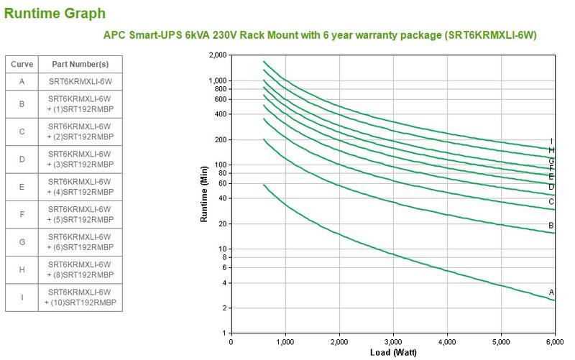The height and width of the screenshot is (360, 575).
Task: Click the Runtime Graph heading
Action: click(55, 13)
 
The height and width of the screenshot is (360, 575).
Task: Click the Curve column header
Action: click(22, 64)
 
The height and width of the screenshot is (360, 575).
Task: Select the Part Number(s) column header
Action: click(79, 64)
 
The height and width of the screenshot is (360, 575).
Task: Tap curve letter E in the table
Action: click(22, 187)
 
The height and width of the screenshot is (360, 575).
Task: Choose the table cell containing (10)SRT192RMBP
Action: click(79, 297)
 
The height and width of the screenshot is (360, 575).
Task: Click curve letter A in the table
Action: click(22, 81)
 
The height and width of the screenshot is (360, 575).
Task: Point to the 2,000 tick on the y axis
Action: click(217, 55)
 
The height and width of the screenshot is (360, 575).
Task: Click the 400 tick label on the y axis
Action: click(221, 114)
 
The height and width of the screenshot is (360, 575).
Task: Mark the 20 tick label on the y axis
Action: click(223, 224)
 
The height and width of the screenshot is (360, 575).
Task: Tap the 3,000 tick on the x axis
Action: click(393, 342)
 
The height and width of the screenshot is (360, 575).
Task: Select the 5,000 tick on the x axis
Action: click(501, 342)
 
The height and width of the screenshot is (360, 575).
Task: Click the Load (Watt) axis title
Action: click(392, 353)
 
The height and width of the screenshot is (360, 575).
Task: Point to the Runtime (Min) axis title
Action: click(204, 193)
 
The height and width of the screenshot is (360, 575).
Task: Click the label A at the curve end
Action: click(551, 292)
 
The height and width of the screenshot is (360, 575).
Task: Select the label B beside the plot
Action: click(551, 226)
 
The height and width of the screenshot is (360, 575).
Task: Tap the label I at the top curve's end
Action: click(551, 142)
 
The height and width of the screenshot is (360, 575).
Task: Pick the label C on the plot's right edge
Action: click(551, 202)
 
